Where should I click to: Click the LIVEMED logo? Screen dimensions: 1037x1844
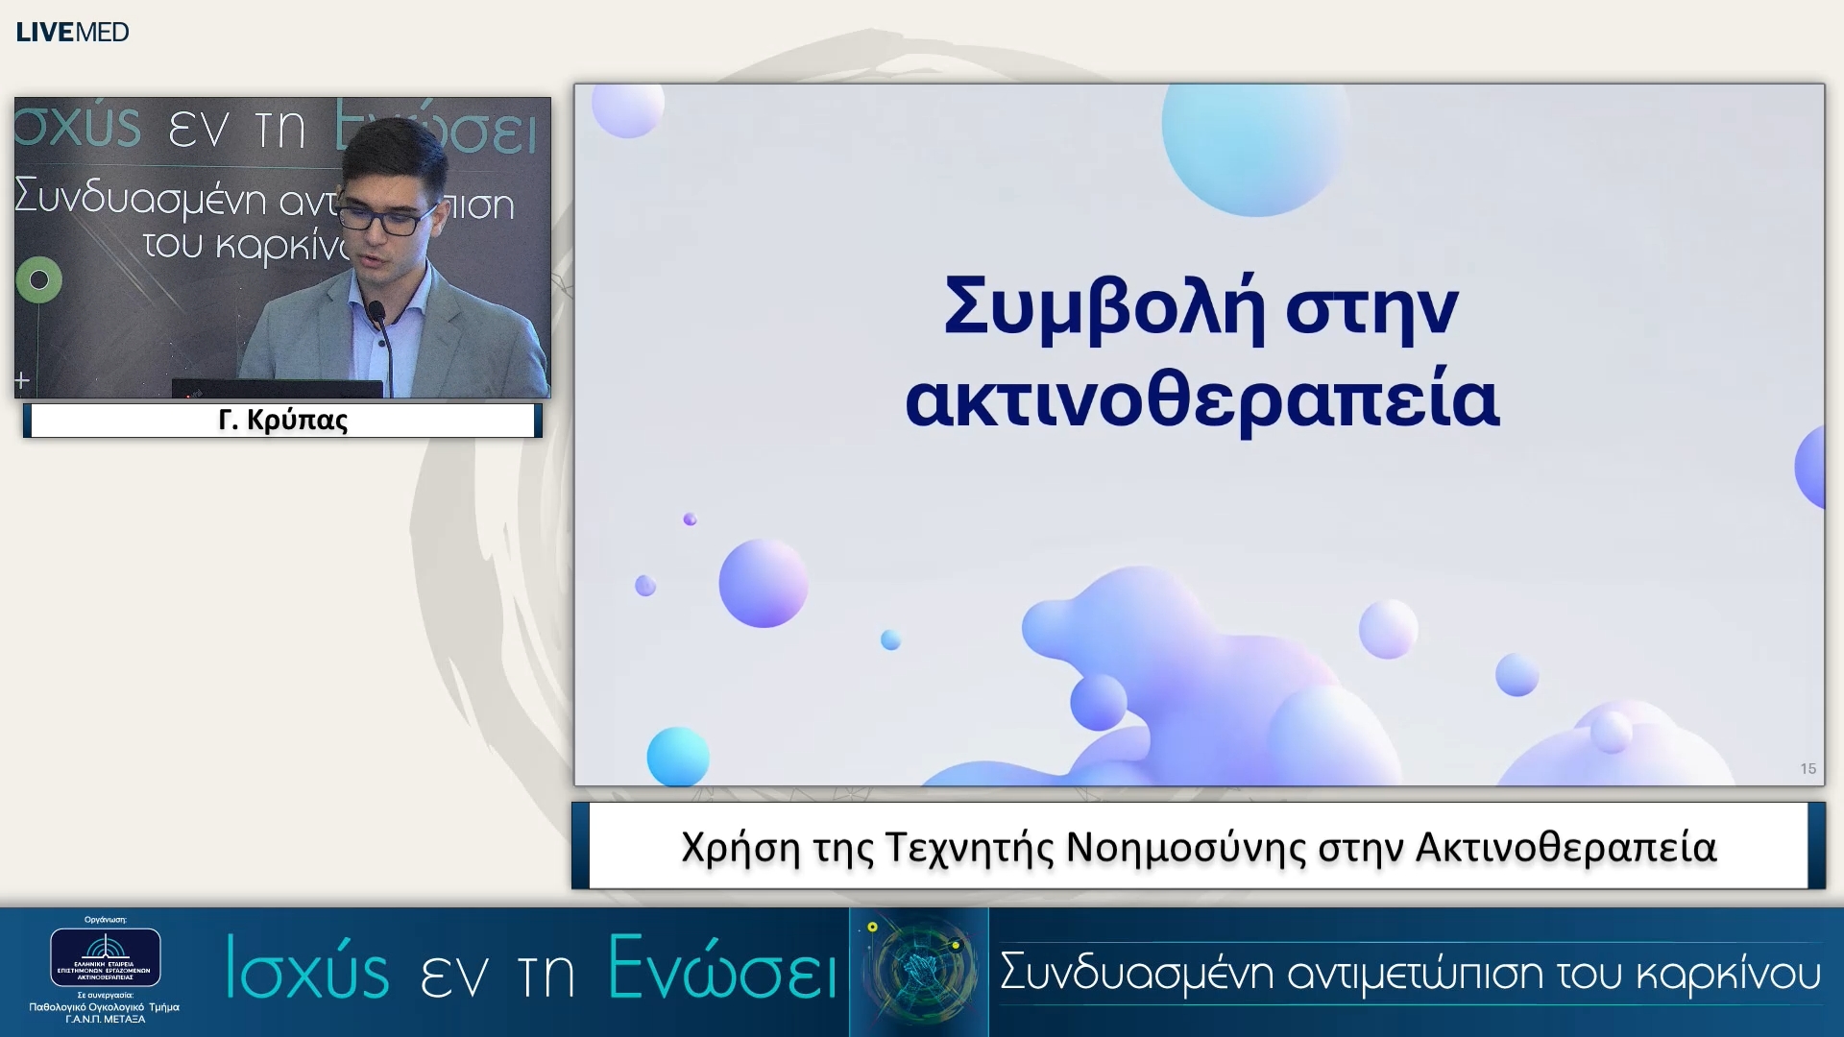tap(72, 32)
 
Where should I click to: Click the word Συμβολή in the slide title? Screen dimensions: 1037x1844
tap(1103, 308)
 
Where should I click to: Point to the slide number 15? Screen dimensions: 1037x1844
tap(1808, 768)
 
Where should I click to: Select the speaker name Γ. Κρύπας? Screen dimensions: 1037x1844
tap(282, 421)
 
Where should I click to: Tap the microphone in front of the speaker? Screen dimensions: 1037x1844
tap(376, 313)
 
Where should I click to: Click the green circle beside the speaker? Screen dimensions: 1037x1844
tap(39, 279)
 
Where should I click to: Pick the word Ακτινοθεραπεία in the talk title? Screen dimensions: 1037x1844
tap(1565, 847)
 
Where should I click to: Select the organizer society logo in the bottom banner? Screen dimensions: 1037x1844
tap(106, 956)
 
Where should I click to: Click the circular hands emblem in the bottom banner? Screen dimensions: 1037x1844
tap(919, 970)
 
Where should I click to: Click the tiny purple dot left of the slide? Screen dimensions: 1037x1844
tap(690, 519)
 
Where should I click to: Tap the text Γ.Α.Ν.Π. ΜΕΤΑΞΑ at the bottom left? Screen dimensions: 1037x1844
tap(105, 1020)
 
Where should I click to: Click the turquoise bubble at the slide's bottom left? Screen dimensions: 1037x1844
tap(677, 756)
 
